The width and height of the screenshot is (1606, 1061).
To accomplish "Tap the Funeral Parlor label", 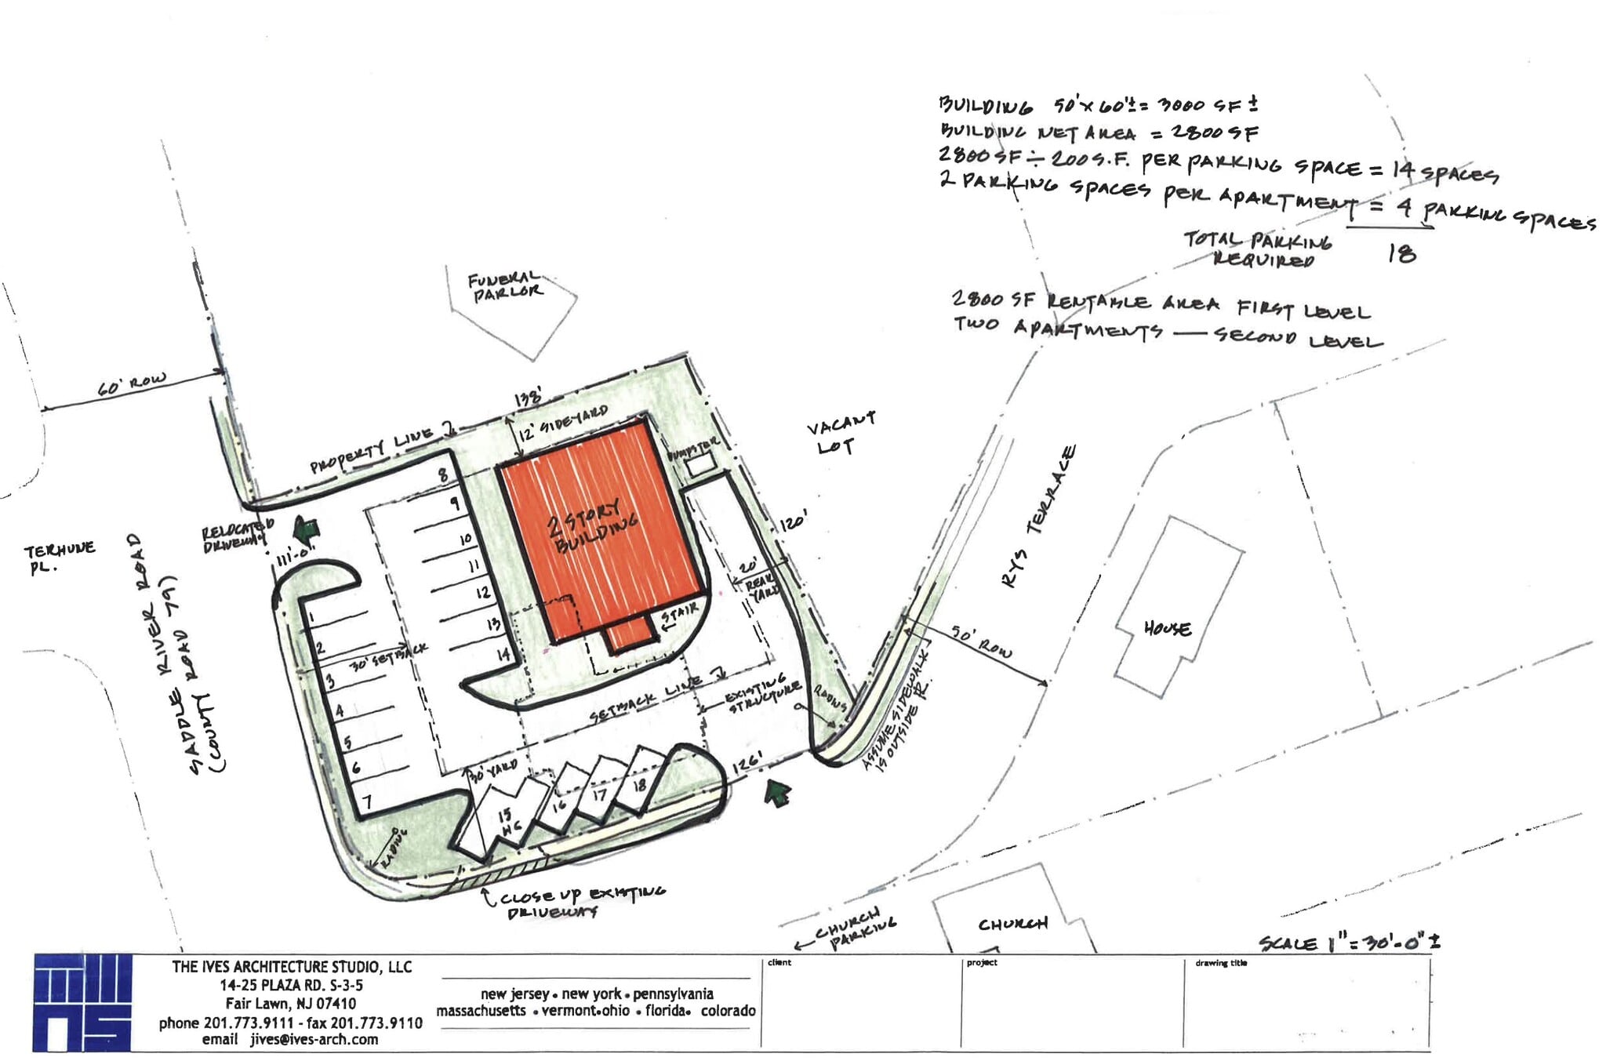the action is tap(506, 286).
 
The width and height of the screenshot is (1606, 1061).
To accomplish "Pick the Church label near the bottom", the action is tap(1012, 924).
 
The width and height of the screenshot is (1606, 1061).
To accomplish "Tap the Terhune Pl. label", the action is tap(59, 557).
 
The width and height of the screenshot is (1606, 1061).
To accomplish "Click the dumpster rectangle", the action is tap(700, 466).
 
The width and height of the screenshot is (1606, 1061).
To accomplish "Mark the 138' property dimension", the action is tap(527, 398).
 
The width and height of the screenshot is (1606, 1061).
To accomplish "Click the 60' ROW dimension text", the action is tap(131, 385).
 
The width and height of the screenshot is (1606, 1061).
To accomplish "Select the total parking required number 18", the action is tap(1401, 253).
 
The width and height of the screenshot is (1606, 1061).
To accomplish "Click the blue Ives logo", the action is tap(82, 1003).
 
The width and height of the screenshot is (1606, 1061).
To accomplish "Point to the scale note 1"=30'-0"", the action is tap(1349, 943).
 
